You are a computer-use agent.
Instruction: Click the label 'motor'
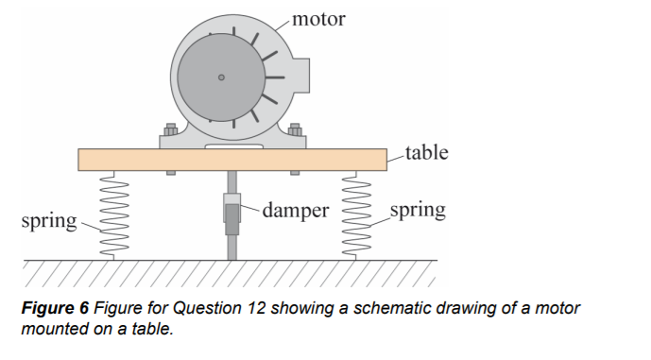coord(318,18)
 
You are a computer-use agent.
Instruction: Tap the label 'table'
coord(426,152)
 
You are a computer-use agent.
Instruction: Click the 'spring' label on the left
coord(48,221)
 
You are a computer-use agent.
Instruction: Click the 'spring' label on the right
coord(417,209)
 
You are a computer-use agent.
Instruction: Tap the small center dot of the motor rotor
coord(221,78)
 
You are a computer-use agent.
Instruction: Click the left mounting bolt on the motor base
coord(171,130)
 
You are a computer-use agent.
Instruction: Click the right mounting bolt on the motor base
coord(295,130)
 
